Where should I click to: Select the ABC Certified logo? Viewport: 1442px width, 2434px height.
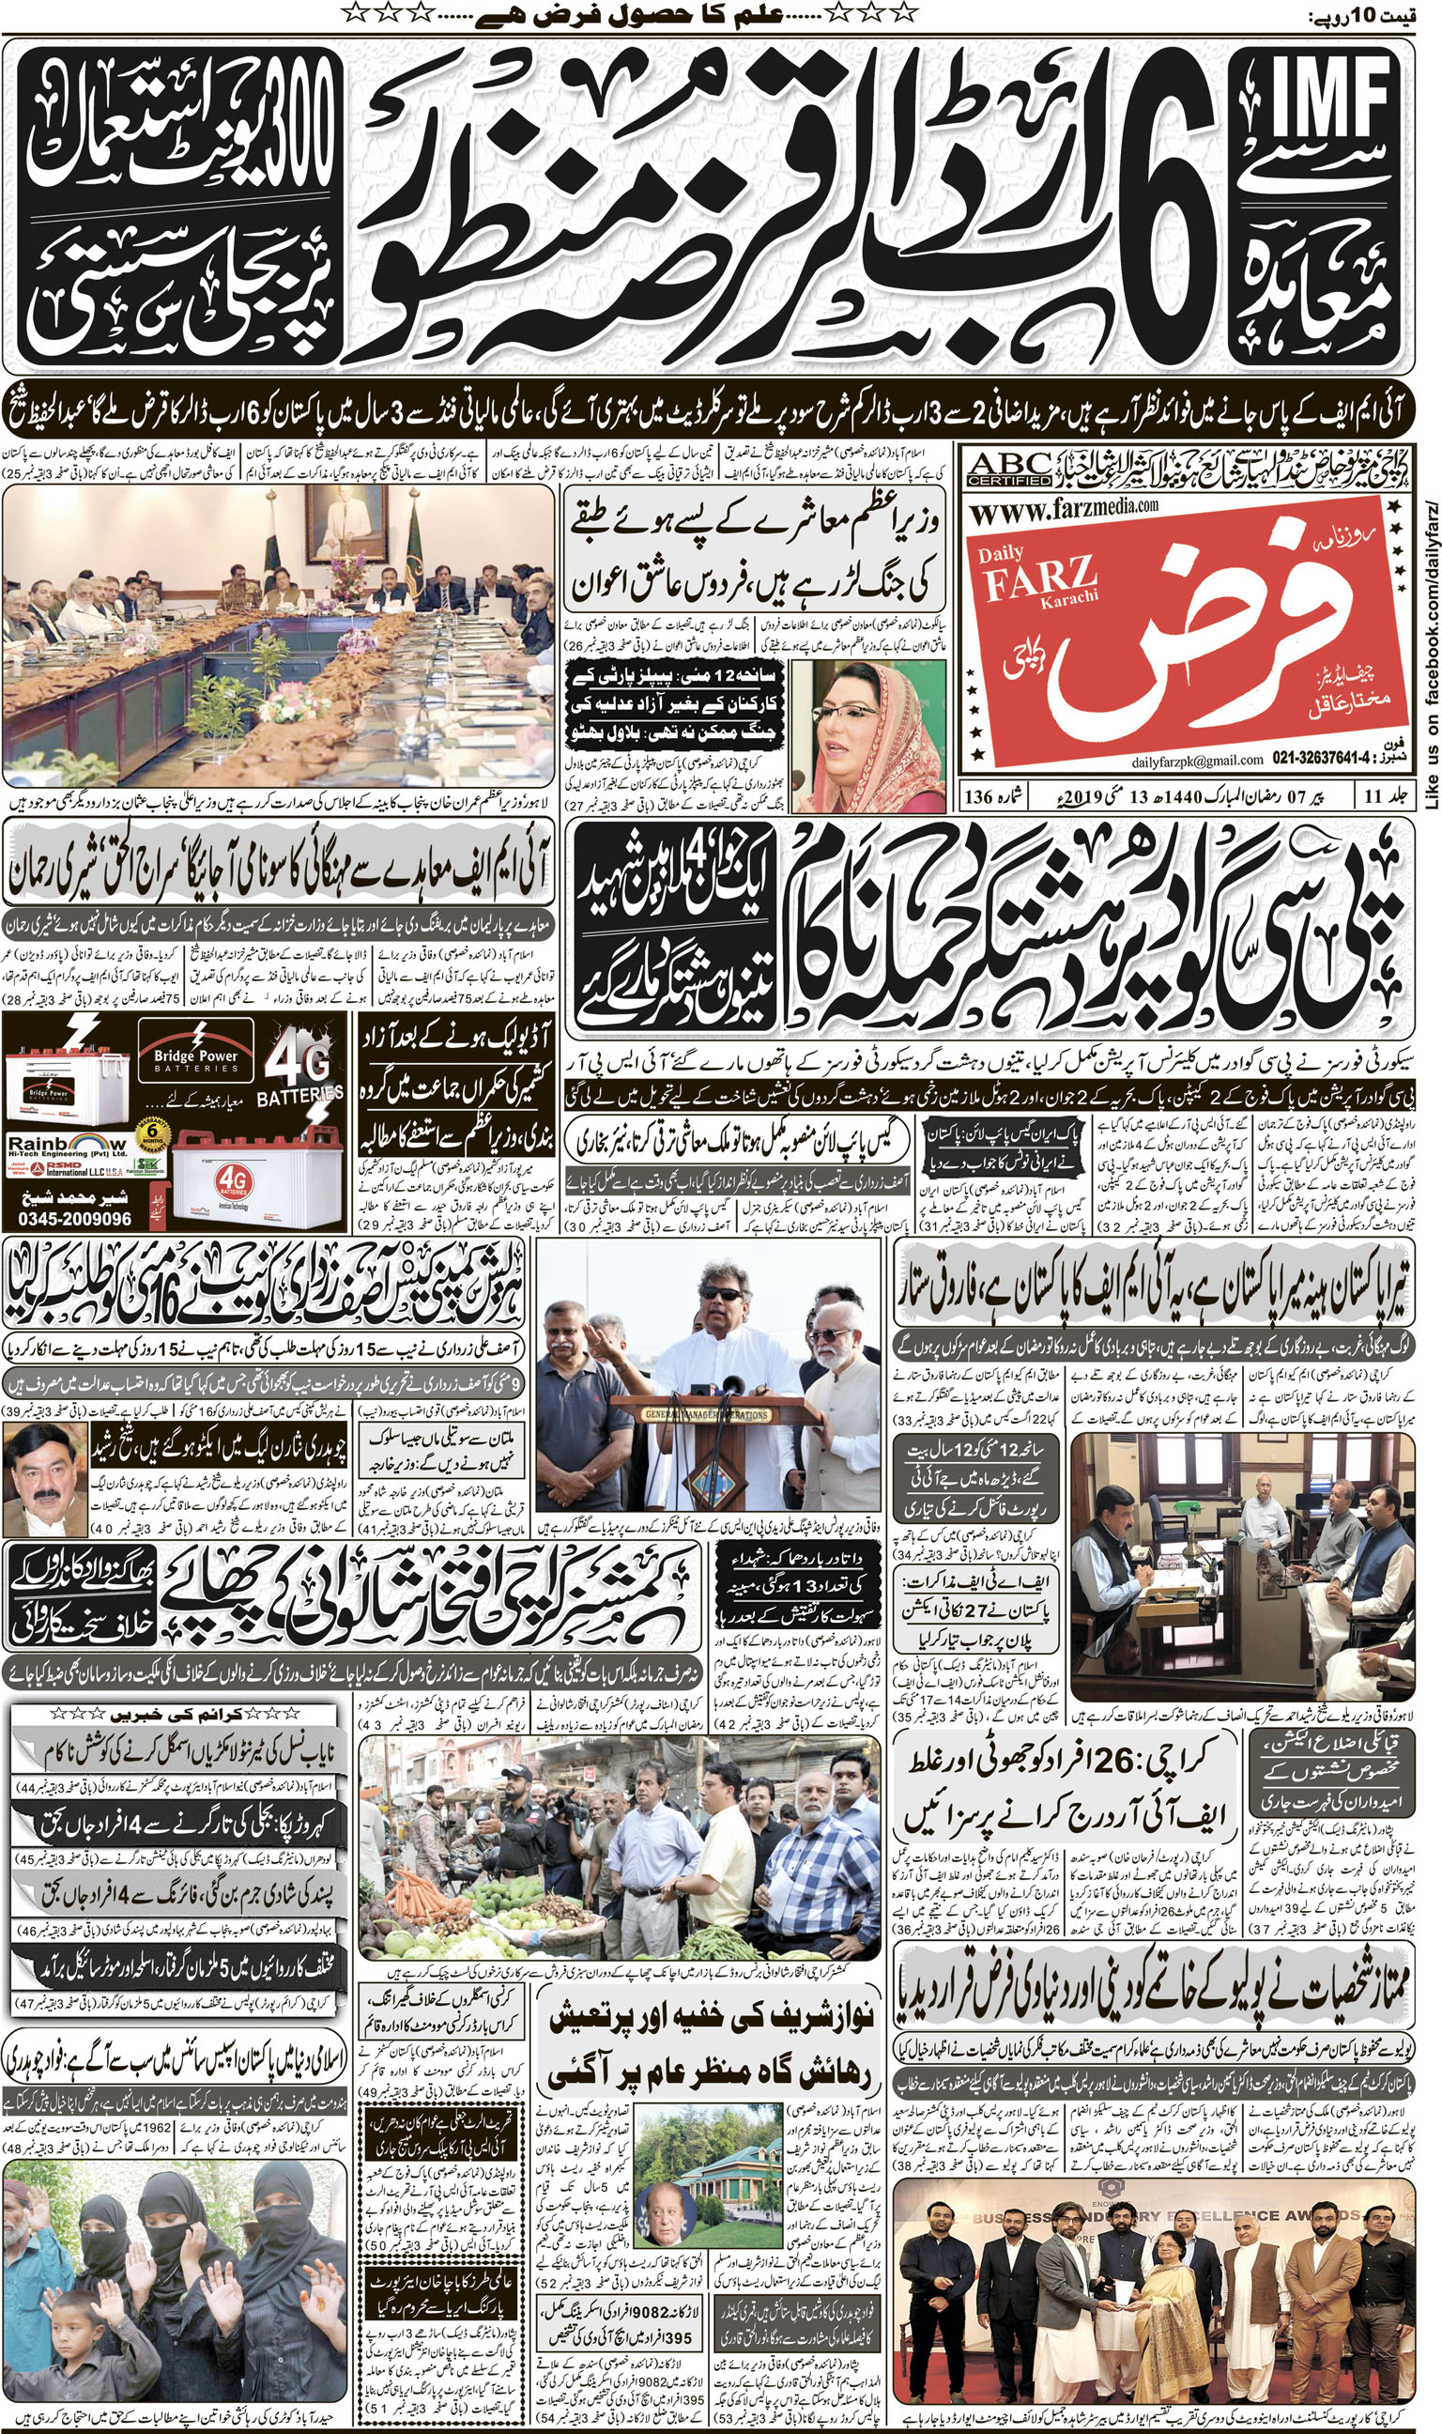click(1009, 470)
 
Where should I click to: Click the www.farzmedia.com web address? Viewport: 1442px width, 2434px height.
click(1063, 507)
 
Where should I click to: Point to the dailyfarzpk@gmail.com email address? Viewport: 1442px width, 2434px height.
click(1196, 760)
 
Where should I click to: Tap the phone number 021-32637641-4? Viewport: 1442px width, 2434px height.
click(1333, 759)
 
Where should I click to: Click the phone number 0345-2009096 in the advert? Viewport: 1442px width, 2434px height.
click(74, 1219)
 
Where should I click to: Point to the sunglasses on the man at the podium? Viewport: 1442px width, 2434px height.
click(722, 1293)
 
